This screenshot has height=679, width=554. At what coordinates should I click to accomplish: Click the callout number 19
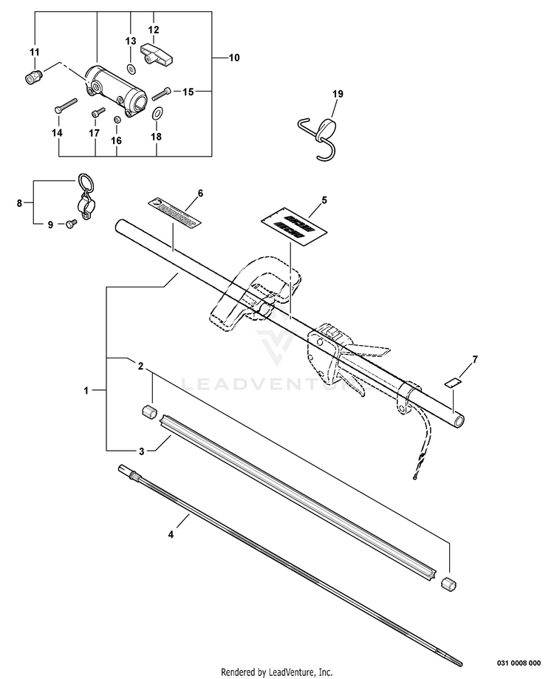[x=338, y=94]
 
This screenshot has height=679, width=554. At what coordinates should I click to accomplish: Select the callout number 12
[x=154, y=30]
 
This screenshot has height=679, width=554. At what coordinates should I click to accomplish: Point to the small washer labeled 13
[x=131, y=68]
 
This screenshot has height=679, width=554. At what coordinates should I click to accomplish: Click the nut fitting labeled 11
[x=32, y=77]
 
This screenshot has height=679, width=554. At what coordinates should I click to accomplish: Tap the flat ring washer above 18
[x=157, y=113]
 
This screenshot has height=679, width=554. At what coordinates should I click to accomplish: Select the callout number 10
[x=235, y=57]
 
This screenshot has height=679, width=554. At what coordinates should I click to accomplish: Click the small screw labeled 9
[x=70, y=223]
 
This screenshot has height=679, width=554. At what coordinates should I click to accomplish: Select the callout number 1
[x=87, y=390]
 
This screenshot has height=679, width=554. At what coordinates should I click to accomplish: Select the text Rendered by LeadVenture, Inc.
[x=277, y=671]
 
